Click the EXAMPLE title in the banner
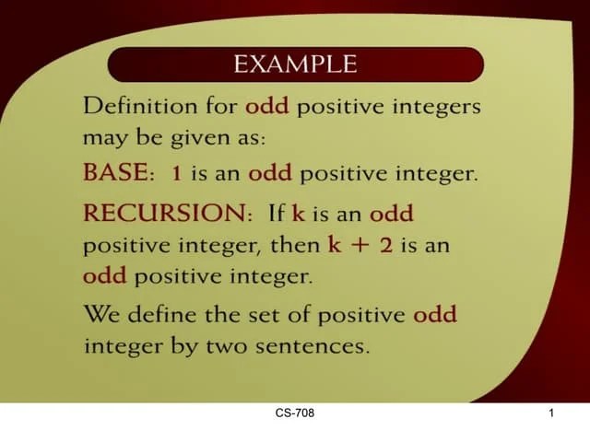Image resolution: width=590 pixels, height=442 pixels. click(x=295, y=64)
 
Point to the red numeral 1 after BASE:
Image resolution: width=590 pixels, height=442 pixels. click(x=176, y=173)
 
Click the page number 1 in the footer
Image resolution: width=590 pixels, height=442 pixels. click(x=550, y=413)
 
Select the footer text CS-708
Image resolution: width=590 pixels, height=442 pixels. click(x=295, y=413)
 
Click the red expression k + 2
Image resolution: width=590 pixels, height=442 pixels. click(x=360, y=245)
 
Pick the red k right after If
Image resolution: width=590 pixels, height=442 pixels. click(x=298, y=214)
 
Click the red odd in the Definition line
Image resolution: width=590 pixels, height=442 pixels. click(x=267, y=106)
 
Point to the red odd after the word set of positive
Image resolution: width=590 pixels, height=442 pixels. click(x=435, y=314)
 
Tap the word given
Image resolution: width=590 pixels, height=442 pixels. click(x=189, y=139)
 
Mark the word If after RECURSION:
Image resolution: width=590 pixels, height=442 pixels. click(x=275, y=214)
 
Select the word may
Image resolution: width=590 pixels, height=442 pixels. click(x=104, y=139)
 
